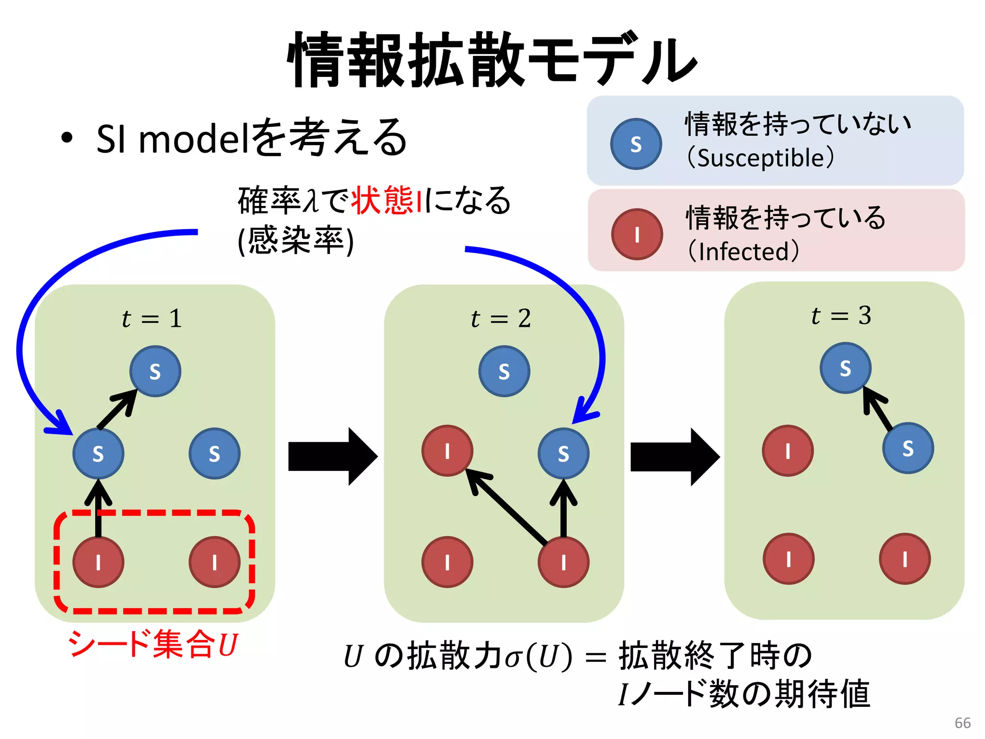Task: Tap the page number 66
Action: [x=962, y=723]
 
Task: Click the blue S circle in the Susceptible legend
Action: [x=636, y=144]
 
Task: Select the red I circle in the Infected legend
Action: [x=637, y=235]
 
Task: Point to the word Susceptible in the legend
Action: [x=761, y=158]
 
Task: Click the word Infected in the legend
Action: [x=744, y=252]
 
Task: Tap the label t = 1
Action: [x=152, y=319]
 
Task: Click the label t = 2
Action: [x=501, y=319]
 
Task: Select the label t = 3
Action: [x=841, y=316]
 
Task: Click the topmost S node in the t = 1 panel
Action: [x=155, y=371]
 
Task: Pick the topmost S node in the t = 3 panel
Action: [x=845, y=368]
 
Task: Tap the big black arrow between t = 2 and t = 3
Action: [x=674, y=457]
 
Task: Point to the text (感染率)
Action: [x=295, y=240]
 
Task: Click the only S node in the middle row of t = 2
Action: [x=563, y=454]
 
